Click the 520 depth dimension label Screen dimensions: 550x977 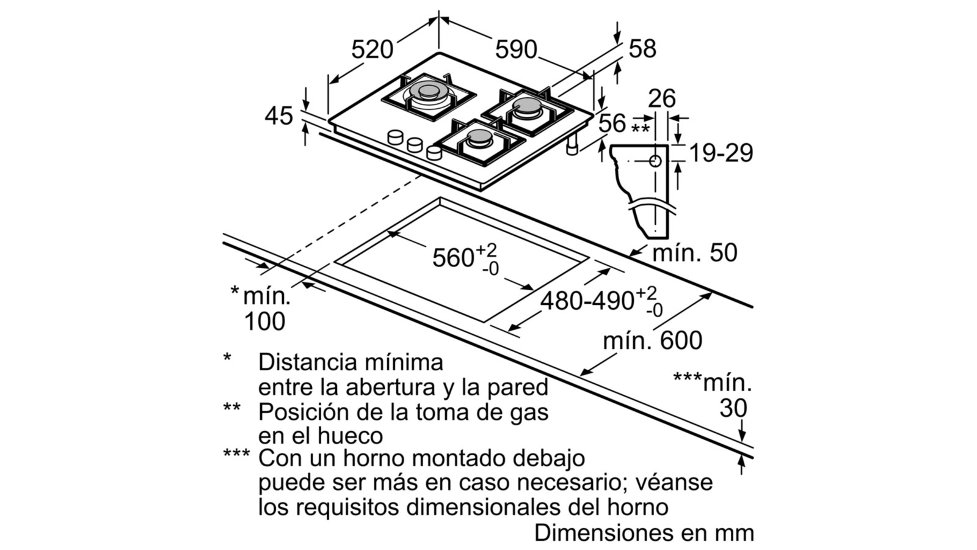point(372,50)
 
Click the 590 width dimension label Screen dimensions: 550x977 point(516,50)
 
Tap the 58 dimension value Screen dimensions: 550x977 point(642,49)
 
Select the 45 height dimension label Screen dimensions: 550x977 point(278,116)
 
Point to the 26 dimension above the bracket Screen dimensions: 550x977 point(662,98)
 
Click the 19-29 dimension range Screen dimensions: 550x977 point(721,153)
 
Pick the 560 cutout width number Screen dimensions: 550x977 point(453,258)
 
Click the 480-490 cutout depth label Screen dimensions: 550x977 point(587,301)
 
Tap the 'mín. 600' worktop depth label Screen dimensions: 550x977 point(652,340)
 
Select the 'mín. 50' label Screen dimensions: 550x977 point(695,252)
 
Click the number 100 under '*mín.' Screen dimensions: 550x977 point(264,321)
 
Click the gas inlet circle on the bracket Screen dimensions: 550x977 point(655,161)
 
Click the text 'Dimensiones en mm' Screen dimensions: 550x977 point(644,532)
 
